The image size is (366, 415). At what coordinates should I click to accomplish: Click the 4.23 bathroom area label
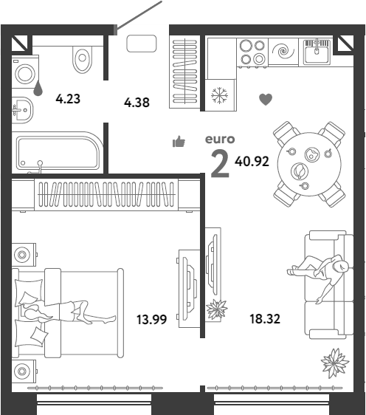point(68,99)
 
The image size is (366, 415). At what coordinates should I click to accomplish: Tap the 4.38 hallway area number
point(137,103)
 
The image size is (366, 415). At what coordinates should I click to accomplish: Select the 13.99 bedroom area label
point(151,319)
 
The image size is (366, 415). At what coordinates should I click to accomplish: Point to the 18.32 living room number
point(265,319)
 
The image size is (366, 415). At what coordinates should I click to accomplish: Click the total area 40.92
point(252,161)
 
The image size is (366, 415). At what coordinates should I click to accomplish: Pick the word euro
point(220,140)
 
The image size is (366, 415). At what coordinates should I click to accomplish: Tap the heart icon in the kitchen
point(266,99)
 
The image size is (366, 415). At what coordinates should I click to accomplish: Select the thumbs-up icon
point(179,141)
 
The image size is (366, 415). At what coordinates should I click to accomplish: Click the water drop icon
point(38,88)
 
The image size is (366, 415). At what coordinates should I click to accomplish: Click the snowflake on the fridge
point(219,95)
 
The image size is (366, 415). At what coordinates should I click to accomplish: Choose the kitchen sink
point(317,52)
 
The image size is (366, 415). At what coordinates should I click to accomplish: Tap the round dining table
point(309,164)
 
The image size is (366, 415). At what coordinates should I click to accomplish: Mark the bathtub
point(58,152)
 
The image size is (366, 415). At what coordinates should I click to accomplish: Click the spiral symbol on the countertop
point(283,51)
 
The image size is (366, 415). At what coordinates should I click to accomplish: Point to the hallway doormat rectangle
point(142,44)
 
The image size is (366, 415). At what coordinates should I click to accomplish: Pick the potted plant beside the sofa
point(335,363)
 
